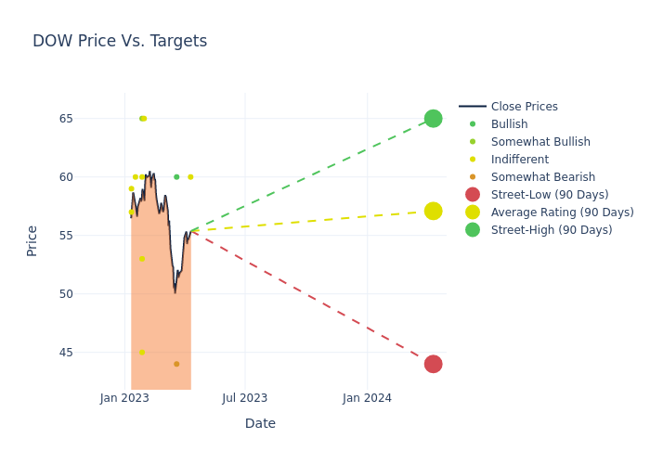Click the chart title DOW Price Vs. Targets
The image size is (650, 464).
pyautogui.click(x=120, y=41)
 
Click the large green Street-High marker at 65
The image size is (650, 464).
pyautogui.click(x=433, y=119)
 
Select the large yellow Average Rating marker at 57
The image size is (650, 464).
pyautogui.click(x=433, y=212)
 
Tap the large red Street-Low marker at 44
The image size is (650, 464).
pyautogui.click(x=433, y=364)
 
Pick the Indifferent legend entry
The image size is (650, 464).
pyautogui.click(x=519, y=160)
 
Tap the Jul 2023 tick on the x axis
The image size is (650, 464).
pyautogui.click(x=245, y=398)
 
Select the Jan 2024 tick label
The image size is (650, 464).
pyautogui.click(x=367, y=398)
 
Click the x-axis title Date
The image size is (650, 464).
pyautogui.click(x=260, y=423)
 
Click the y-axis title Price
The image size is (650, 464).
pyautogui.click(x=32, y=240)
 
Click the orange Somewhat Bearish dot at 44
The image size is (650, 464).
pyautogui.click(x=176, y=364)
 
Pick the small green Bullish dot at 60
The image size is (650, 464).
pyautogui.click(x=176, y=177)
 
